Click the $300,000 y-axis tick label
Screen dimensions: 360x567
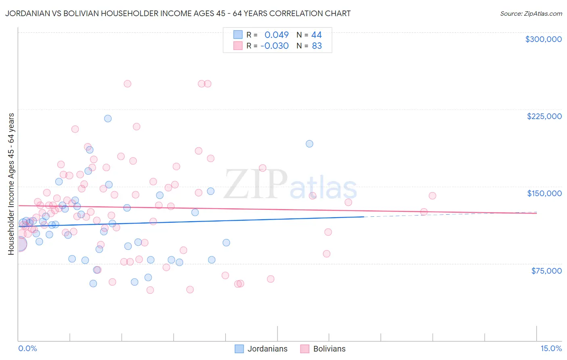coord(543,39)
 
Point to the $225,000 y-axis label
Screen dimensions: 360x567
coord(544,116)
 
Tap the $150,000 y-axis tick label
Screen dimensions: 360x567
coord(544,193)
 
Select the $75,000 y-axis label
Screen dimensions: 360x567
coord(546,271)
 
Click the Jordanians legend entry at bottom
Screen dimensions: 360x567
coord(267,349)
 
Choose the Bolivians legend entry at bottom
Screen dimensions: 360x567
coord(329,349)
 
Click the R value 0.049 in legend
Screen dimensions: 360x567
coord(277,35)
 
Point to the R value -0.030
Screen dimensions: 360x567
coord(275,46)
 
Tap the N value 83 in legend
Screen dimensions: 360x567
coord(317,46)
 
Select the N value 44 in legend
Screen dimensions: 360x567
coord(317,35)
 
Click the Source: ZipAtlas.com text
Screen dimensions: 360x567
coord(531,14)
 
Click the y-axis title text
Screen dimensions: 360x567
coord(11,184)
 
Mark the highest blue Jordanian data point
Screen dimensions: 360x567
coord(108,119)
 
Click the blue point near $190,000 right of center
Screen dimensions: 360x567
coord(309,144)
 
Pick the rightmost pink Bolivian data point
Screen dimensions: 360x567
coord(432,196)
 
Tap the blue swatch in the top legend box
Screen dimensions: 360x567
coord(238,35)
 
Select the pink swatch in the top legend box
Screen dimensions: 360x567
coord(238,46)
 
